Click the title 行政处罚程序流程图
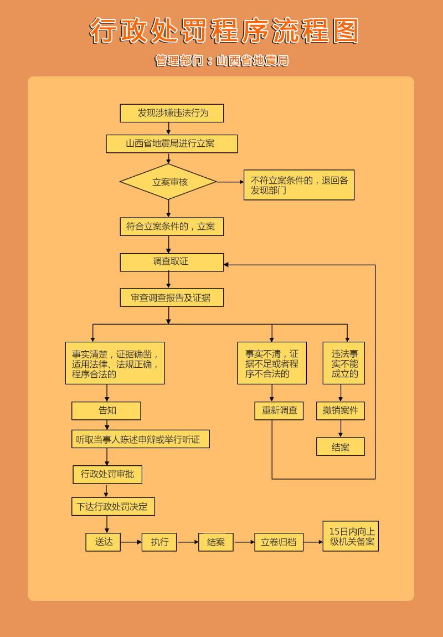[x=224, y=31]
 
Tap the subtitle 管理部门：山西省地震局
[x=221, y=60]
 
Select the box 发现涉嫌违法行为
[x=172, y=113]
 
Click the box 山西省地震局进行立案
[x=172, y=143]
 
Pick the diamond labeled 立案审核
[x=168, y=182]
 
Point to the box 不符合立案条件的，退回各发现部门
[x=298, y=185]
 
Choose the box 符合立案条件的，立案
[x=172, y=227]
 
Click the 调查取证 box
[x=172, y=262]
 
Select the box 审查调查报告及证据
[x=172, y=297]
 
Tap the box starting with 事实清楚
[x=115, y=363]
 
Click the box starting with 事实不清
[x=271, y=363]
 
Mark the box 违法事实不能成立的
[x=343, y=363]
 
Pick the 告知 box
[x=106, y=410]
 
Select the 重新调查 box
[x=279, y=410]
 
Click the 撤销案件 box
[x=340, y=410]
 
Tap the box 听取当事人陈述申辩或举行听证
[x=140, y=439]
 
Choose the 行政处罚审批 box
[x=107, y=474]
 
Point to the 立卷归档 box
[x=279, y=542]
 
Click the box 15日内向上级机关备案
[x=351, y=536]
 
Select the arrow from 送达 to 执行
[x=131, y=542]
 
